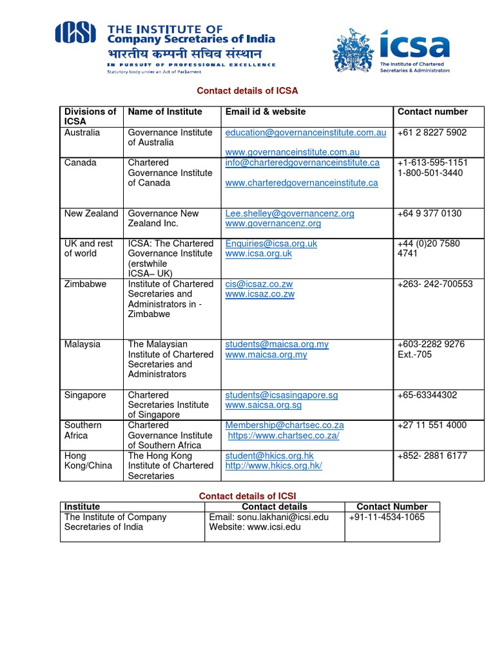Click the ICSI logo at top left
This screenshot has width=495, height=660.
[75, 33]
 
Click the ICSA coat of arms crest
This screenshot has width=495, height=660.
[353, 51]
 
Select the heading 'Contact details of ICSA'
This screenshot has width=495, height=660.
[247, 91]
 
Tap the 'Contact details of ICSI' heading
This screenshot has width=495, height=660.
[247, 496]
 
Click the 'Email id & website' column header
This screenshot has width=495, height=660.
[266, 112]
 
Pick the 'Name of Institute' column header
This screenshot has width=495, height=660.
[165, 112]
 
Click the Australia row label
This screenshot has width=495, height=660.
[82, 132]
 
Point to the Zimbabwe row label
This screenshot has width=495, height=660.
[85, 284]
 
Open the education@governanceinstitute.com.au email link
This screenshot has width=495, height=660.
[306, 132]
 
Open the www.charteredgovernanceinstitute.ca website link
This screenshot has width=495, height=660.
[302, 183]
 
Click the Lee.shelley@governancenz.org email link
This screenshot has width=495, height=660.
[289, 213]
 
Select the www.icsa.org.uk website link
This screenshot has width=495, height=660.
[258, 254]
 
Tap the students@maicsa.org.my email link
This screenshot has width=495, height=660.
[277, 344]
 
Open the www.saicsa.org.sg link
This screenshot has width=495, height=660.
[263, 405]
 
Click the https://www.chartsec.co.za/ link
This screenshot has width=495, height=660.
[284, 436]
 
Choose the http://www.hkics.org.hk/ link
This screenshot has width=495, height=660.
[273, 465]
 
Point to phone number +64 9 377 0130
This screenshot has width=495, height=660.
[429, 213]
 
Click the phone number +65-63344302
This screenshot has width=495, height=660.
[427, 394]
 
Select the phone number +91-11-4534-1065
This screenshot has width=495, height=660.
[387, 517]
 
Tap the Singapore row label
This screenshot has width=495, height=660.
[85, 394]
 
